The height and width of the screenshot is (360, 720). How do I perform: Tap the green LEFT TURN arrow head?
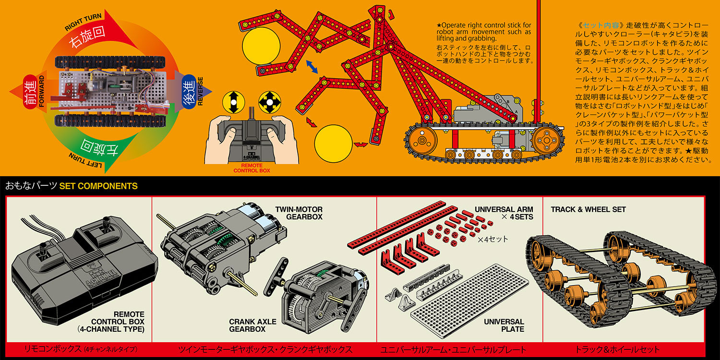[x=120, y=154]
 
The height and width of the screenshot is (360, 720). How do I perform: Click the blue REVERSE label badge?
[x=189, y=91]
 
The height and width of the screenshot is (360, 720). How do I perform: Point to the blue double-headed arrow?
[x=312, y=67]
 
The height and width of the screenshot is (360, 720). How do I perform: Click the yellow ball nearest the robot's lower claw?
[x=333, y=144]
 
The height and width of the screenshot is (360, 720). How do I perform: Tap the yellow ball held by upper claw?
[x=261, y=46]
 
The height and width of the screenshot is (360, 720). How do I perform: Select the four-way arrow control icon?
[x=269, y=103]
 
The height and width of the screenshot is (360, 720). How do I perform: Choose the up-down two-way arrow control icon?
[x=234, y=103]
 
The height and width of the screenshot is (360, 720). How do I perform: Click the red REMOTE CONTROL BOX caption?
[x=252, y=168]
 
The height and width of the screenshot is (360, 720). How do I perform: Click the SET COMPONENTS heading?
[x=98, y=186]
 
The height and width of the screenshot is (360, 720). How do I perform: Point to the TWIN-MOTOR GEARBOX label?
[x=299, y=213]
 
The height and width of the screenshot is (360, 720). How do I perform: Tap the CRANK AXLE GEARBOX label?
[x=252, y=325]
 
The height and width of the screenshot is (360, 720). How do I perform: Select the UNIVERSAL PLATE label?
[x=504, y=325]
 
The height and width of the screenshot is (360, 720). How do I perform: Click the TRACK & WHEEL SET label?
[x=588, y=210]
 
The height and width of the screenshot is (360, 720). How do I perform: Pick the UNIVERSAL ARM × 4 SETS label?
[x=504, y=213]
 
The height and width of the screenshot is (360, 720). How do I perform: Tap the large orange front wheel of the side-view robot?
[x=546, y=141]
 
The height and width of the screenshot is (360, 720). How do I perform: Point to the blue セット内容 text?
[x=601, y=25]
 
